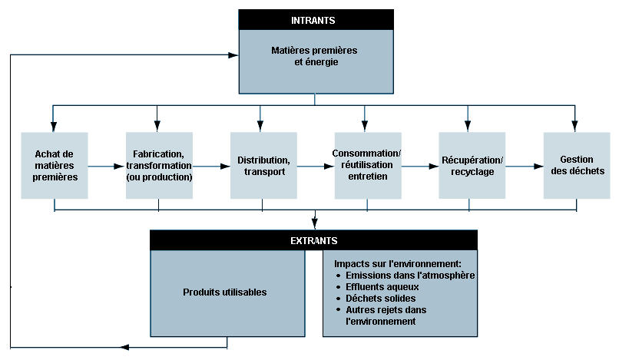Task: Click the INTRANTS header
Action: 316,20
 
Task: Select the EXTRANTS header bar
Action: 314,240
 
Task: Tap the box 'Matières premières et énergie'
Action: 316,61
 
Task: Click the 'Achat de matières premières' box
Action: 55,165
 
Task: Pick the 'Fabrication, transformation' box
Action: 159,165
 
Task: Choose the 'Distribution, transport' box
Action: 263,165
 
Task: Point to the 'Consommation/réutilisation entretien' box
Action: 368,165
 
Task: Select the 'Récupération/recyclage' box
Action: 472,165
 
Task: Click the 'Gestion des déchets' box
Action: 577,165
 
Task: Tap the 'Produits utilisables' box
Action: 228,293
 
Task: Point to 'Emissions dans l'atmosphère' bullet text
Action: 410,275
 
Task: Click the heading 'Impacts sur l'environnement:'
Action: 398,264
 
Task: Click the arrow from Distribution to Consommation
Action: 316,167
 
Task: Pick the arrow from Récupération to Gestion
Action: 525,167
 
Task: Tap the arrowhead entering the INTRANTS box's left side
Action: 233,54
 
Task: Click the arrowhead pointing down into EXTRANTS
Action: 315,224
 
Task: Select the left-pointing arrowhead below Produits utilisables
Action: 124,348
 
